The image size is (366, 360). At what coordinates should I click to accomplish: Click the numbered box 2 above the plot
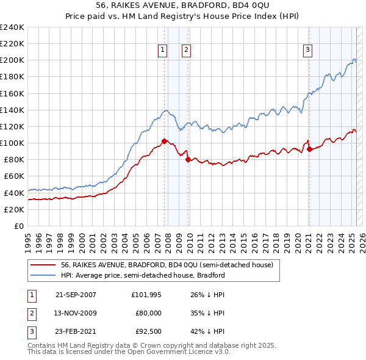[x=186, y=51]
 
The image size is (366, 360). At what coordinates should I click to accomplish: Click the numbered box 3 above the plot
[x=308, y=51]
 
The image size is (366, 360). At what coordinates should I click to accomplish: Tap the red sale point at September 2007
[x=164, y=141]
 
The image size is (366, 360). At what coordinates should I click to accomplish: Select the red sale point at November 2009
[x=188, y=159]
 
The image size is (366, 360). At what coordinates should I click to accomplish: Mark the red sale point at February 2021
[x=309, y=149]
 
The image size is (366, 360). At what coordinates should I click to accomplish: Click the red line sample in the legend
[x=43, y=265]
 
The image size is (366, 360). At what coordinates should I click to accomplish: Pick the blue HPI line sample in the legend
[x=43, y=275]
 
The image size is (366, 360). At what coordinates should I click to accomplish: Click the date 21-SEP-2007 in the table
[x=76, y=295]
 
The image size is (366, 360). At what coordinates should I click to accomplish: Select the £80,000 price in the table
[x=148, y=313]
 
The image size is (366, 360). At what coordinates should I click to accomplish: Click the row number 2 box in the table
[x=30, y=313]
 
